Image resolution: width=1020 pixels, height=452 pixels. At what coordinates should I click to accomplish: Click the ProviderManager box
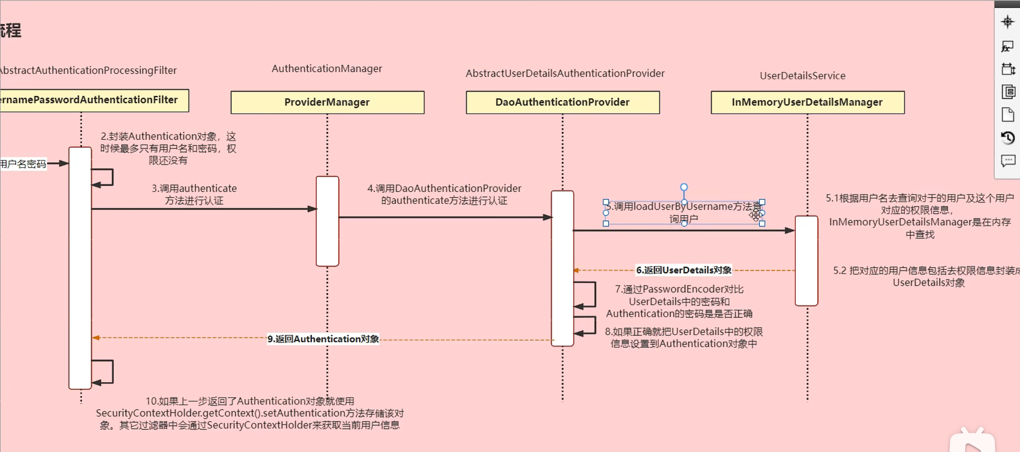tap(327, 102)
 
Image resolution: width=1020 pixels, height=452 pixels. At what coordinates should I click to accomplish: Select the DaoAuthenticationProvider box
tap(562, 102)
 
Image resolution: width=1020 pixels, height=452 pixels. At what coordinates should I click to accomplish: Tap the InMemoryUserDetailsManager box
tap(807, 102)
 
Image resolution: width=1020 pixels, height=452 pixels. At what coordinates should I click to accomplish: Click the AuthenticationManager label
tap(327, 69)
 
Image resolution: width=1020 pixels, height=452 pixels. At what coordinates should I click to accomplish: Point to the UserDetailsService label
tap(802, 76)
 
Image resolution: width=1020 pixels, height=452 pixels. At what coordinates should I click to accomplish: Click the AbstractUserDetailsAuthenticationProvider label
tap(565, 73)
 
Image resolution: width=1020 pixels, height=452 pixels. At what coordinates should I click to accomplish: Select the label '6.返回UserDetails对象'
tap(684, 270)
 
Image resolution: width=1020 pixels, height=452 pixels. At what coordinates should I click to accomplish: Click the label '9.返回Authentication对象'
tap(323, 339)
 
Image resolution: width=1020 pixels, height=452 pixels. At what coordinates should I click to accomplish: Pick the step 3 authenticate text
tap(194, 194)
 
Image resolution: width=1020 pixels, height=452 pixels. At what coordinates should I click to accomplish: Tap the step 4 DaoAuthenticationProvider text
tap(444, 194)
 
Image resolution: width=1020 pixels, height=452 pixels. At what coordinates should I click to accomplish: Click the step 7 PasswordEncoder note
tap(679, 301)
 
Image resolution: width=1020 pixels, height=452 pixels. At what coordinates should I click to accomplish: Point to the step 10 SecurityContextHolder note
tap(250, 413)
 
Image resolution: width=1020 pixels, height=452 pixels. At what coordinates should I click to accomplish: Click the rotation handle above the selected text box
tap(684, 187)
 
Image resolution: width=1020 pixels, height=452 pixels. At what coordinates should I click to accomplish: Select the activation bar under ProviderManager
tap(327, 221)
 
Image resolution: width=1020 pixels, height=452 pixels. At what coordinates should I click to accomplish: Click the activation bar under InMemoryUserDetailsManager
tap(806, 261)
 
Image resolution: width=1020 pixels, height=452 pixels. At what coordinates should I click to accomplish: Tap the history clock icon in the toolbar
tap(1008, 137)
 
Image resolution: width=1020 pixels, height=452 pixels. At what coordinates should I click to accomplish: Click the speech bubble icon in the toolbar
tap(1008, 160)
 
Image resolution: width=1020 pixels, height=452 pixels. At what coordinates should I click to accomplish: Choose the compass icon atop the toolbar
tap(1008, 22)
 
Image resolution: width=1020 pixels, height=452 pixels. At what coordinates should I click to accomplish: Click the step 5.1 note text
tap(919, 216)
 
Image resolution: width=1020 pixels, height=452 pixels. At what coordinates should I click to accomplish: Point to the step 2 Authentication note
tap(168, 148)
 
